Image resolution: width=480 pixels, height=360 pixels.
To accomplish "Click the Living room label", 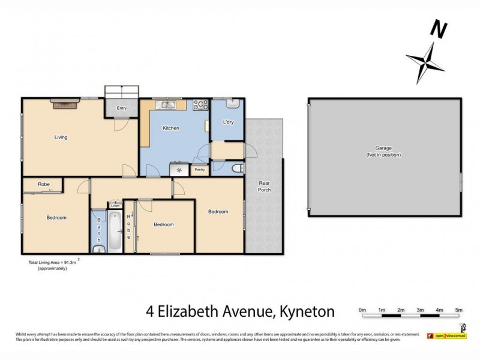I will (61, 137).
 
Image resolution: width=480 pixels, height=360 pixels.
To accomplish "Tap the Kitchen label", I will (171, 128).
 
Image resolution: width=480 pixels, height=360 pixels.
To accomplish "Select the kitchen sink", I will (166, 106).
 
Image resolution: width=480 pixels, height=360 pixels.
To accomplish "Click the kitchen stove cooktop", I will (200, 106).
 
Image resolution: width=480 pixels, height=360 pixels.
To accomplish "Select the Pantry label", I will (200, 170).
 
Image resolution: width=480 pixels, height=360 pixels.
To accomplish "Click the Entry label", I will (122, 108).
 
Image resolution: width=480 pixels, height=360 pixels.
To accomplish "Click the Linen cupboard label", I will (115, 206).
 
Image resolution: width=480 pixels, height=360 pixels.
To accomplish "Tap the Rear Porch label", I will (265, 186).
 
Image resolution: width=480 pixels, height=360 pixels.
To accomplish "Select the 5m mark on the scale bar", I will (458, 310).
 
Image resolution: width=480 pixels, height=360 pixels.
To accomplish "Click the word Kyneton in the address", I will (304, 311).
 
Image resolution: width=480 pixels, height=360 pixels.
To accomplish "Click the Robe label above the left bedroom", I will (43, 184).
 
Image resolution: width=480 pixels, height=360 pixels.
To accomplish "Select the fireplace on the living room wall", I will (64, 104).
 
